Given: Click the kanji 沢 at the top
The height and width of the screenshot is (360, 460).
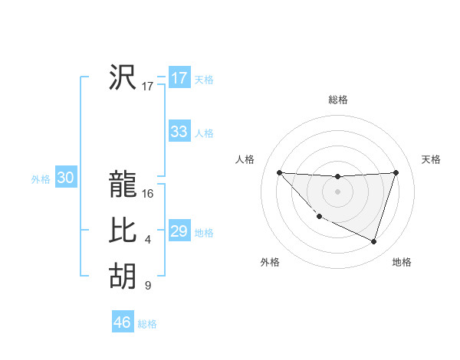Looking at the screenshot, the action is (x=123, y=77).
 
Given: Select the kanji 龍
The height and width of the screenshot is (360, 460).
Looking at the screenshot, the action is (x=123, y=184).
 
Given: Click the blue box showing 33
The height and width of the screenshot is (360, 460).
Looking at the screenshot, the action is (x=179, y=132).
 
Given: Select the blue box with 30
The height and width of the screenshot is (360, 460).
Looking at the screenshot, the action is (x=65, y=178).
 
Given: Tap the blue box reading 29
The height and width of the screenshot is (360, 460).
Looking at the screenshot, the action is (x=179, y=231).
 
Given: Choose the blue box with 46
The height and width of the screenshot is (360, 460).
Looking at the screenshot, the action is (x=123, y=322).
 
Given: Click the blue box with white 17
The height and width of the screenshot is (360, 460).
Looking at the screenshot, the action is (x=179, y=78).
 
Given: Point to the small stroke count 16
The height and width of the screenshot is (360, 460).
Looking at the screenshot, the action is (x=148, y=194).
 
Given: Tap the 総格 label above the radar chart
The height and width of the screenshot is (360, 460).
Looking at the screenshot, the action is (x=337, y=100).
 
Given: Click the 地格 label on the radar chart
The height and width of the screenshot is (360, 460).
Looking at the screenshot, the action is (x=402, y=263).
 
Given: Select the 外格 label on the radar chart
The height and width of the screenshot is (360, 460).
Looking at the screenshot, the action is (x=270, y=263).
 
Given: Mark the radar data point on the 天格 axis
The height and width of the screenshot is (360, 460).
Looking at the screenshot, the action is (x=396, y=172).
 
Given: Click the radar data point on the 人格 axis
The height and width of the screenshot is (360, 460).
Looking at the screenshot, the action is (x=279, y=172).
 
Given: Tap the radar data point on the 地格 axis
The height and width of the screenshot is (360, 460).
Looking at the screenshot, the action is (x=373, y=241).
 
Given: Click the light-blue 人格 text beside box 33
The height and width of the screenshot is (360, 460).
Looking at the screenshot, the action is (x=204, y=133).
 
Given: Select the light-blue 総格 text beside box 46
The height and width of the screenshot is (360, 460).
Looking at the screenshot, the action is (x=147, y=324).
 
